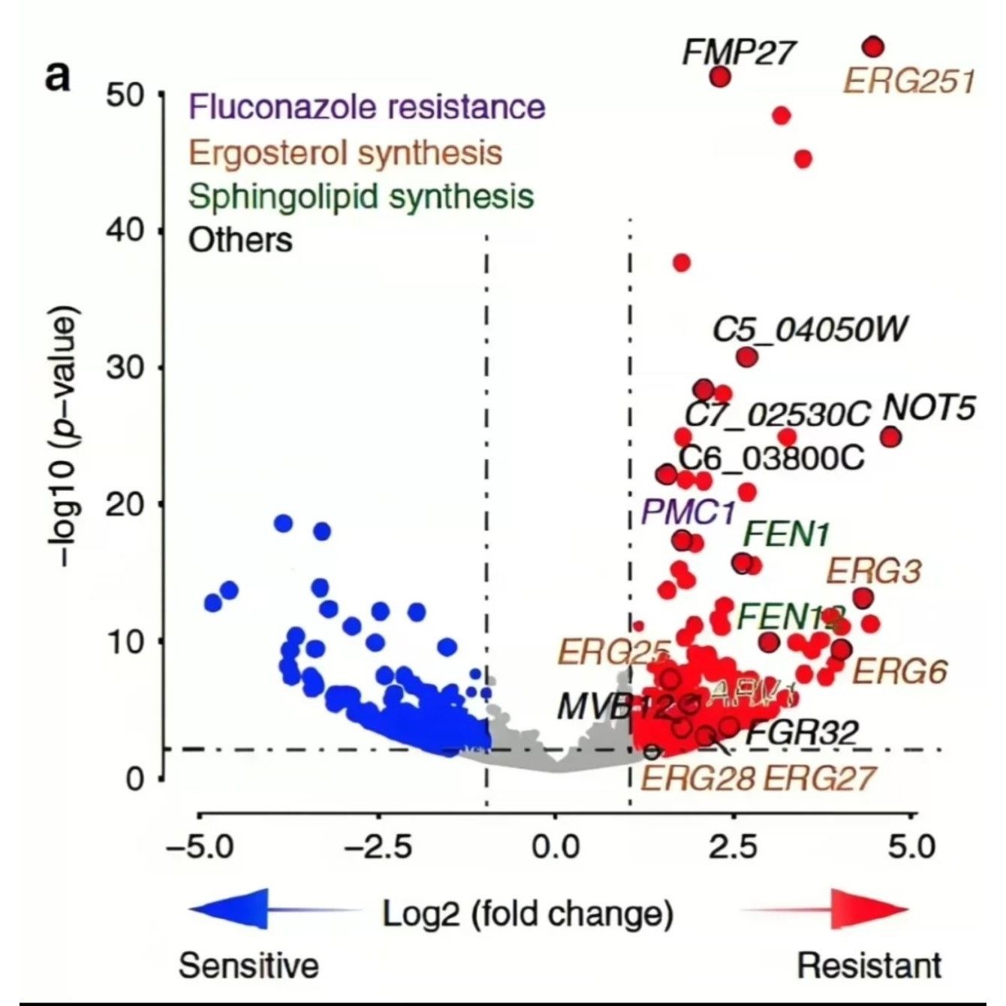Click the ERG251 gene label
[909, 80]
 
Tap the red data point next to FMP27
[720, 77]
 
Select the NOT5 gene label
[929, 408]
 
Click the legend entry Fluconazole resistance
[367, 107]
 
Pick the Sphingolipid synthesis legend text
[361, 197]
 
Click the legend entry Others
[240, 241]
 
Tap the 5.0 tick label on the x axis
[911, 848]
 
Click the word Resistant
[869, 965]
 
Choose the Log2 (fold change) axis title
[528, 914]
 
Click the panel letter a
[58, 75]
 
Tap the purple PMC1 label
[688, 513]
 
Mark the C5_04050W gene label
[809, 329]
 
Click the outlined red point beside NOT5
[890, 437]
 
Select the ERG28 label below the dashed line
[697, 779]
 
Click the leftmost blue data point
[214, 603]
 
